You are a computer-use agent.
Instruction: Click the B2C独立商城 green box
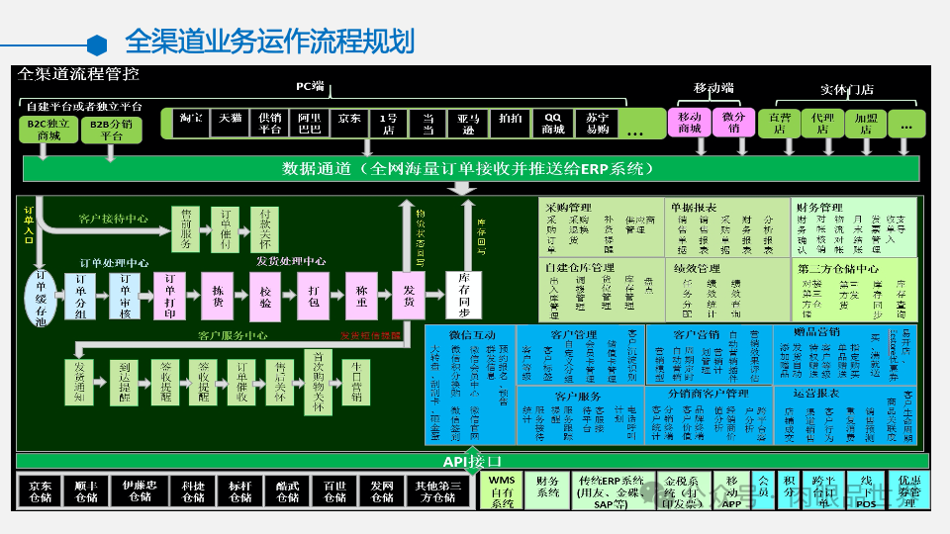point(48,130)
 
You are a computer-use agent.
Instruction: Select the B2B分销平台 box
point(111,130)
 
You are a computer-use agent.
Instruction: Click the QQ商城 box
point(553,123)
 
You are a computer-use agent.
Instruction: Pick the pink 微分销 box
point(733,123)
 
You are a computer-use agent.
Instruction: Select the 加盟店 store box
point(865,123)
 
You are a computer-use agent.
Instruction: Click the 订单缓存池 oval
point(41,294)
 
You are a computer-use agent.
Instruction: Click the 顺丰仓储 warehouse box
point(86,490)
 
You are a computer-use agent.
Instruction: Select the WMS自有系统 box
point(503,490)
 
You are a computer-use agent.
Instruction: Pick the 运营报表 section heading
point(809,394)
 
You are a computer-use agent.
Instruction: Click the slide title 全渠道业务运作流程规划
point(269,42)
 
